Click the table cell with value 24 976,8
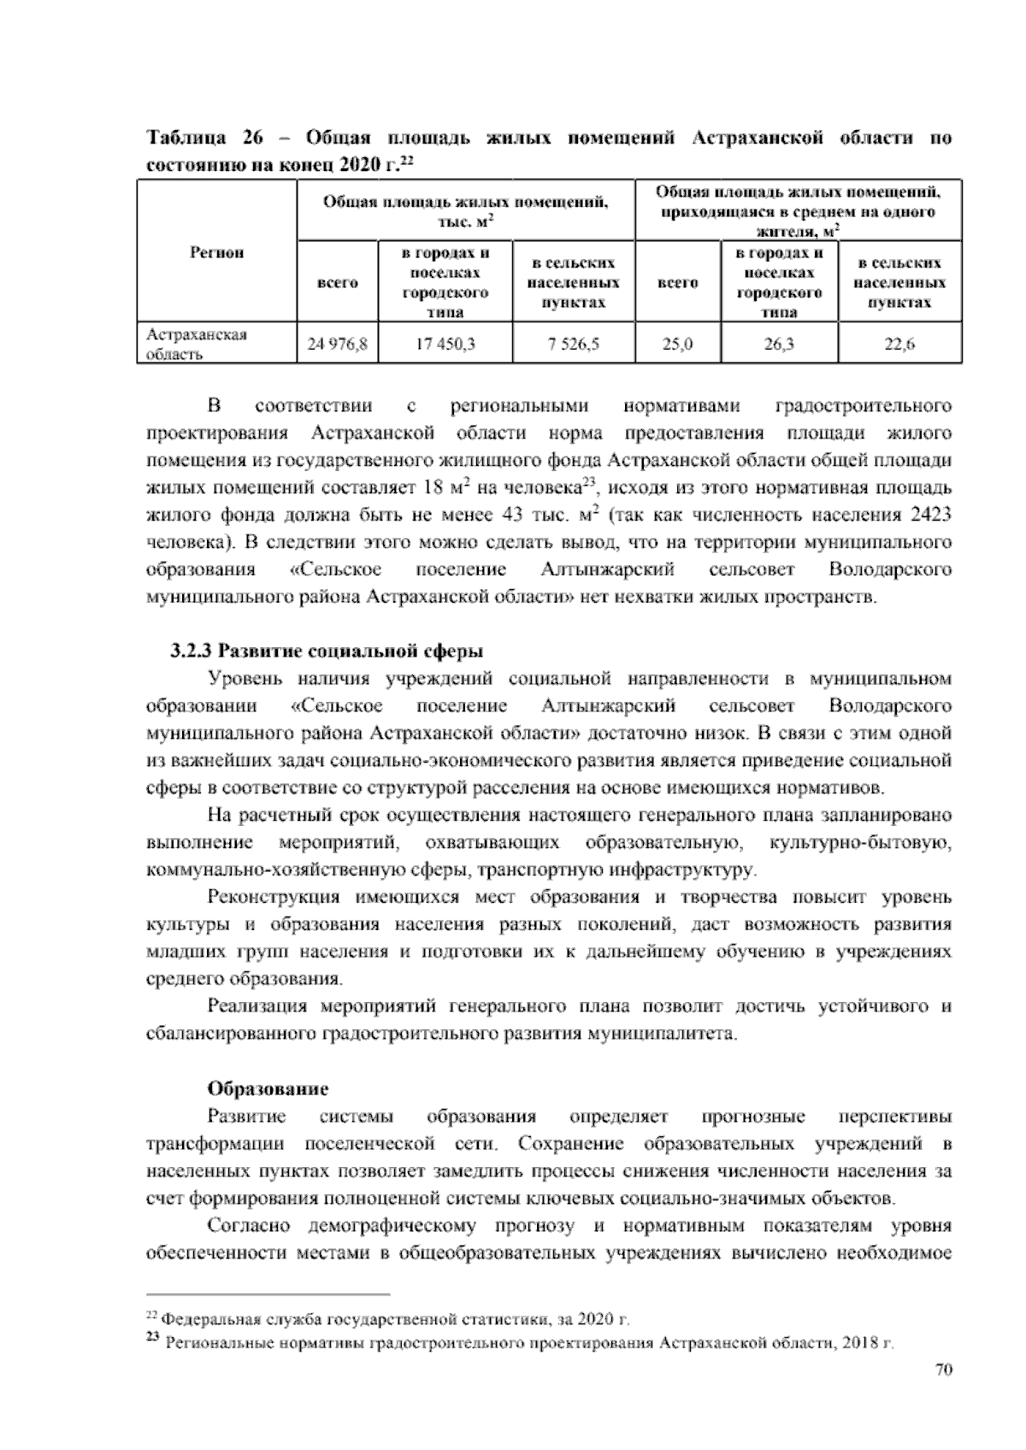coord(337,345)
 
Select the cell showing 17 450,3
coord(445,345)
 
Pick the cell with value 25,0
coord(677,345)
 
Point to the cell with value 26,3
coord(778,345)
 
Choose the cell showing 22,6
coord(899,345)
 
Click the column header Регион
coord(215,252)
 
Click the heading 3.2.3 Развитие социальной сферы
coord(327,651)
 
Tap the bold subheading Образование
coord(268,1089)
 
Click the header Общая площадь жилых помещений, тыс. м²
coord(465,210)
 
